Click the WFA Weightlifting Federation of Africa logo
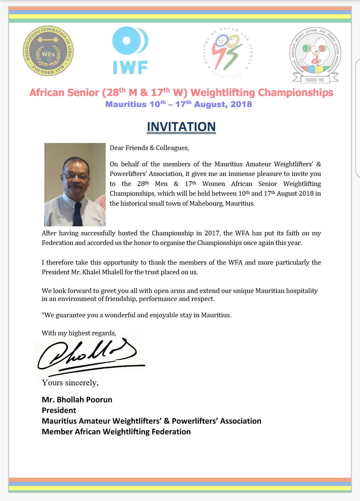(x=48, y=51)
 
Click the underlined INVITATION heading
(x=181, y=127)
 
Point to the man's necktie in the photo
(x=78, y=213)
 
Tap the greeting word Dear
(x=117, y=148)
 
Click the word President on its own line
(x=59, y=410)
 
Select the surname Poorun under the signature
(x=99, y=400)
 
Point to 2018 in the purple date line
(x=241, y=104)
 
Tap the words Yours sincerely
(x=70, y=383)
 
